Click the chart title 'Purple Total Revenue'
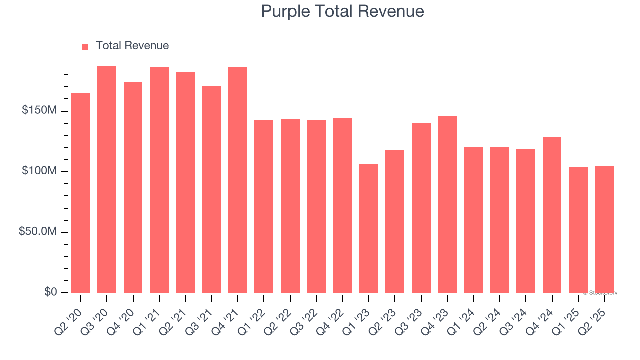pyautogui.click(x=342, y=11)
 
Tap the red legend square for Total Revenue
pyautogui.click(x=85, y=46)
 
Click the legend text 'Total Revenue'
pyautogui.click(x=132, y=46)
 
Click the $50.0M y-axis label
pyautogui.click(x=38, y=232)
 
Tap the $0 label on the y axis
pyautogui.click(x=50, y=292)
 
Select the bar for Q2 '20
pyautogui.click(x=81, y=192)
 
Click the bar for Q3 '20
pyautogui.click(x=107, y=180)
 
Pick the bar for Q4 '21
pyautogui.click(x=238, y=180)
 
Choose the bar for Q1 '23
pyautogui.click(x=369, y=228)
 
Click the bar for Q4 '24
pyautogui.click(x=552, y=215)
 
